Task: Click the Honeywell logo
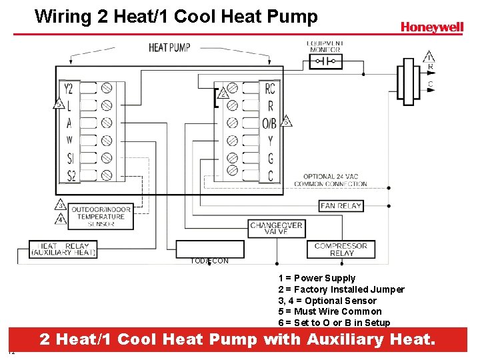(x=431, y=27)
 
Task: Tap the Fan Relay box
(x=341, y=206)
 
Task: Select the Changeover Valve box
(x=276, y=229)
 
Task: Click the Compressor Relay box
(x=341, y=249)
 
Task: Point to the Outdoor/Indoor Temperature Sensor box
(x=100, y=217)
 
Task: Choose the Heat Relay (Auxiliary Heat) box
(x=63, y=249)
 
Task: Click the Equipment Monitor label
(x=324, y=47)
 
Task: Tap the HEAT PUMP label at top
(x=169, y=47)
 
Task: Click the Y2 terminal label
(x=69, y=89)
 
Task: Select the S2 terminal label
(x=69, y=176)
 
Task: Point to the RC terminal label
(x=269, y=89)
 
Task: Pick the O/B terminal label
(x=269, y=123)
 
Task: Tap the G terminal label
(x=270, y=159)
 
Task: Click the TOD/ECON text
(x=209, y=261)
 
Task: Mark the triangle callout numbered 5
(x=59, y=104)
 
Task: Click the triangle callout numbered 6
(x=287, y=121)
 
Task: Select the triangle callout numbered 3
(x=60, y=205)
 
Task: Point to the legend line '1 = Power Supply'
(x=317, y=278)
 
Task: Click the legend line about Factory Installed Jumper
(x=341, y=289)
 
